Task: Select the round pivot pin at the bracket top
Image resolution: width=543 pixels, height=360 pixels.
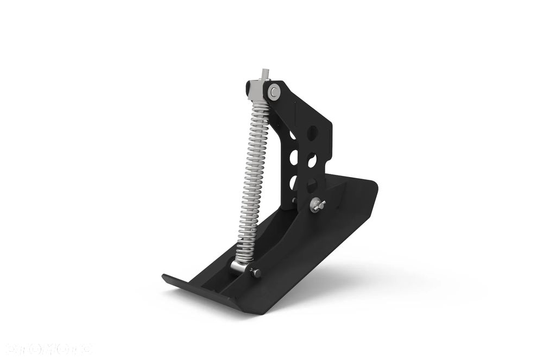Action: [275, 92]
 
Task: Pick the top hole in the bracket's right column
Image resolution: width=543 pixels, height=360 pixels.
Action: [312, 132]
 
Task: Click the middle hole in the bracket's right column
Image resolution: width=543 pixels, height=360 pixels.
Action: [312, 160]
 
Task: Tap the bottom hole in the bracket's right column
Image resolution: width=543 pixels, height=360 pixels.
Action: [312, 186]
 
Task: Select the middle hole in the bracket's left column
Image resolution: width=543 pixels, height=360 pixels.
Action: [294, 158]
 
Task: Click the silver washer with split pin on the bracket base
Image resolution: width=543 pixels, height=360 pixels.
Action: [317, 205]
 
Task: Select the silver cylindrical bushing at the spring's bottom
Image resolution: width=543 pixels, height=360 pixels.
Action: [239, 266]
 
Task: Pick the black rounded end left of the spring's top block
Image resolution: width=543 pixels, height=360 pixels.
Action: [249, 87]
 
